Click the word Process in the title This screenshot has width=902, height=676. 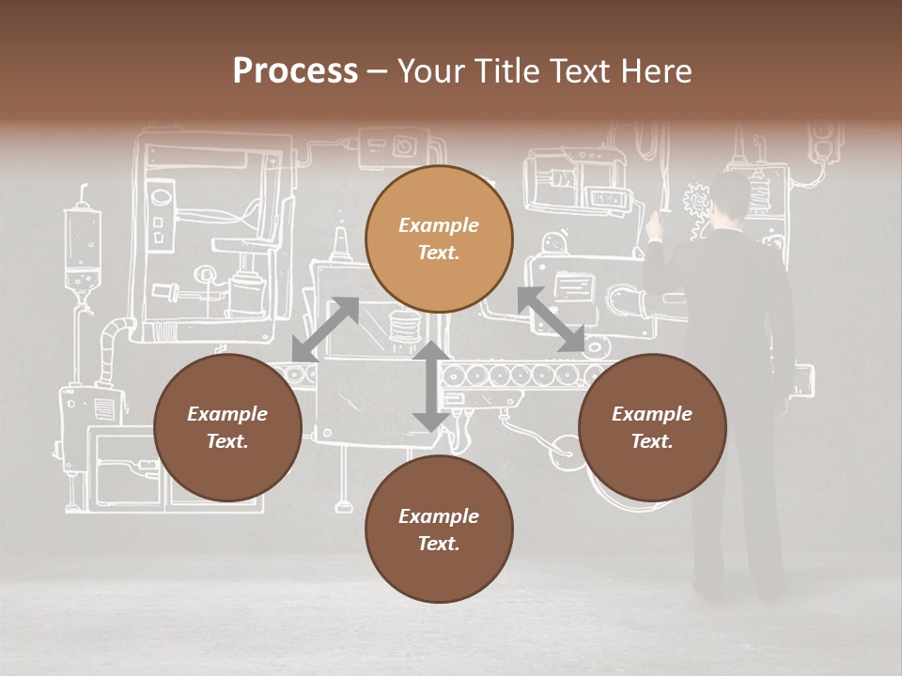(x=295, y=71)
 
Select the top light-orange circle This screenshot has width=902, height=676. (x=439, y=238)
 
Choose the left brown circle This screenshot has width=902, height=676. (x=227, y=427)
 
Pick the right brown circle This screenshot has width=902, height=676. (x=652, y=427)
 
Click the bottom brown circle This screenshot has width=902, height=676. (x=439, y=530)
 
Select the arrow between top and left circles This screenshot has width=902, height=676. (x=325, y=329)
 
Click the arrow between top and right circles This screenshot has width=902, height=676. (x=552, y=319)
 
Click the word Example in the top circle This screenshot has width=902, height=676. (x=439, y=225)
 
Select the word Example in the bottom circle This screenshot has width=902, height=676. (x=439, y=516)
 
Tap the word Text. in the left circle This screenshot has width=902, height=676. (x=227, y=441)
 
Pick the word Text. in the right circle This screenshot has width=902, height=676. (x=652, y=441)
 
